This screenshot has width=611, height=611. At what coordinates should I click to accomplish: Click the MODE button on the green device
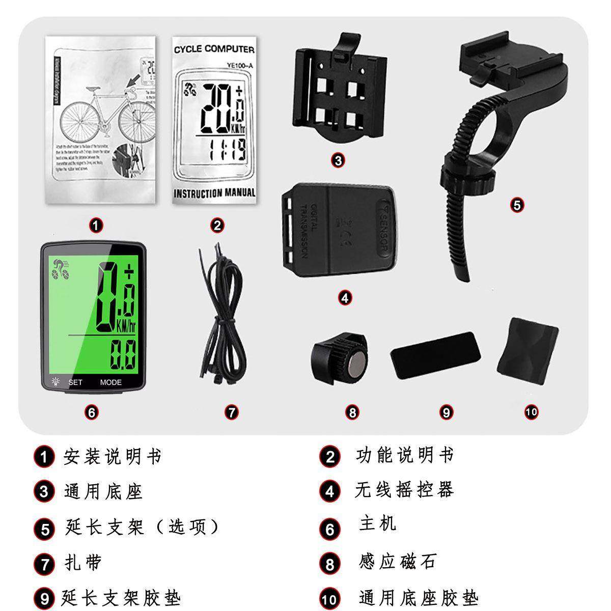click(110, 382)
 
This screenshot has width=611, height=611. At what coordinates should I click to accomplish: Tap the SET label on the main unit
click(75, 382)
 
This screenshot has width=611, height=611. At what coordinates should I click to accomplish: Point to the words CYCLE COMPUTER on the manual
click(214, 49)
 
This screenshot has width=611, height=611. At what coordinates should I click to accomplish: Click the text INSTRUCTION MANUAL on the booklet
click(214, 193)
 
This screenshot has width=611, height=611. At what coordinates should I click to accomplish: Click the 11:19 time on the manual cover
click(227, 151)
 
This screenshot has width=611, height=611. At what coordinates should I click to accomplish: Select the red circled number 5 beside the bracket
click(517, 205)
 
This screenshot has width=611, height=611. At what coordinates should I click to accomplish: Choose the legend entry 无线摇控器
click(403, 490)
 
